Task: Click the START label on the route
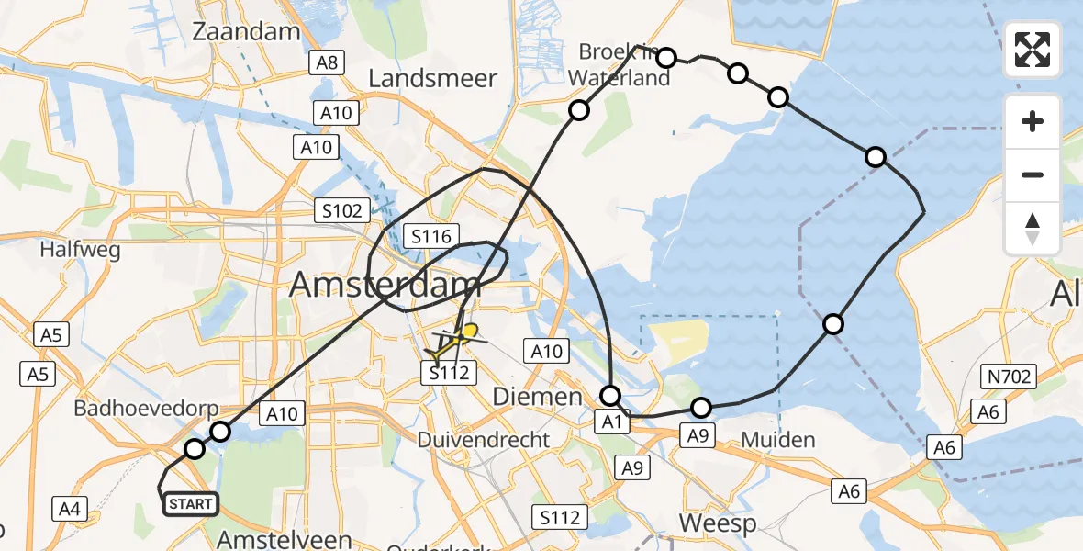[x=190, y=503]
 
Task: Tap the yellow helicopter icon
[x=452, y=341]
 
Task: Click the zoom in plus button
[x=1033, y=121]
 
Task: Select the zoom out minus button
[x=1033, y=174]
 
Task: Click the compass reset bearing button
[x=1033, y=229]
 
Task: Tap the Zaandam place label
[x=246, y=32]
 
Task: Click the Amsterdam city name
[x=385, y=286]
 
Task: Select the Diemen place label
[x=538, y=397]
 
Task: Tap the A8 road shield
[x=327, y=62]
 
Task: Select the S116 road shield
[x=430, y=237]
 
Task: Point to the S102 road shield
[x=341, y=210]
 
